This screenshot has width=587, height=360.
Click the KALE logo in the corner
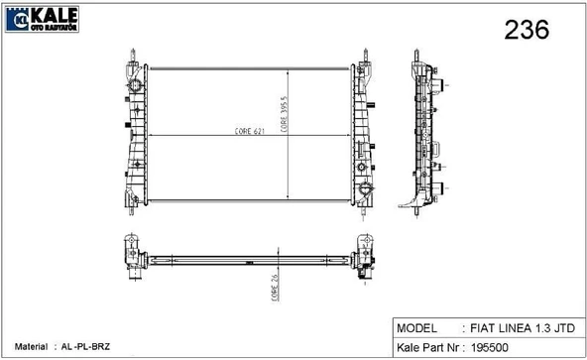click(42, 19)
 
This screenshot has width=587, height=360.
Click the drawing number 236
click(527, 30)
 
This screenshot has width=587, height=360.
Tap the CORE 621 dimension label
click(249, 131)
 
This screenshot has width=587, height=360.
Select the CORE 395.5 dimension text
click(284, 114)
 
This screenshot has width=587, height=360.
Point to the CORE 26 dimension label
click(275, 288)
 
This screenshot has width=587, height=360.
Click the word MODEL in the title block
click(416, 328)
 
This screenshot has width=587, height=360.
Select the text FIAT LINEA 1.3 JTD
click(523, 328)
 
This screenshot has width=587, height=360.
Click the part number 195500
click(489, 348)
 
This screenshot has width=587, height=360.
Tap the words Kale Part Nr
click(427, 348)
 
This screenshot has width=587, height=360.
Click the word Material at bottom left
click(31, 347)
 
